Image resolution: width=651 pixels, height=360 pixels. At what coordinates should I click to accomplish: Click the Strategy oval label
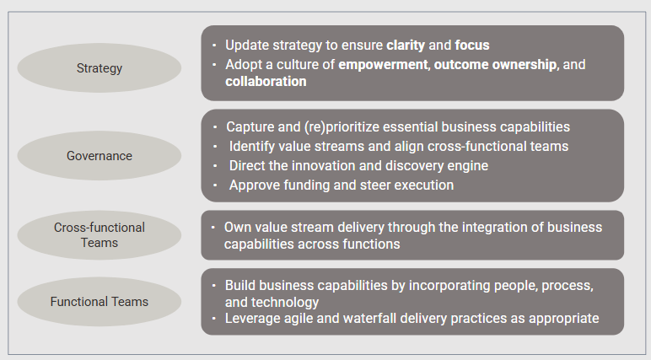[x=99, y=68]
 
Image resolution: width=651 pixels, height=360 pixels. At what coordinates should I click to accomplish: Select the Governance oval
[x=99, y=156]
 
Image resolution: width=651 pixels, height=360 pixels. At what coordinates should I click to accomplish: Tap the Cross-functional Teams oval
[x=99, y=235]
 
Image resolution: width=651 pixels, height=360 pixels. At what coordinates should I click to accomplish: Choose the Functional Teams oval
[x=99, y=301]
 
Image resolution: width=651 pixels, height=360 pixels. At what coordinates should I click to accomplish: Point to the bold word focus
[x=472, y=45]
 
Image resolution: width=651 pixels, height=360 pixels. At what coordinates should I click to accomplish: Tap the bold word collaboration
[x=266, y=82]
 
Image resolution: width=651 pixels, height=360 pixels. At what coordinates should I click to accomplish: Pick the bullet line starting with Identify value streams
[x=398, y=147]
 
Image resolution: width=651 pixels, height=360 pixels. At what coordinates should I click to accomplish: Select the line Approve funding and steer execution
[x=341, y=185]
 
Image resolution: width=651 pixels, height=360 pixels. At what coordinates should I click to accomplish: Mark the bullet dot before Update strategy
[x=215, y=45]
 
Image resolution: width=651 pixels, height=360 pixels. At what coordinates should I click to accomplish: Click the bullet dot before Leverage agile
[x=215, y=319]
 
